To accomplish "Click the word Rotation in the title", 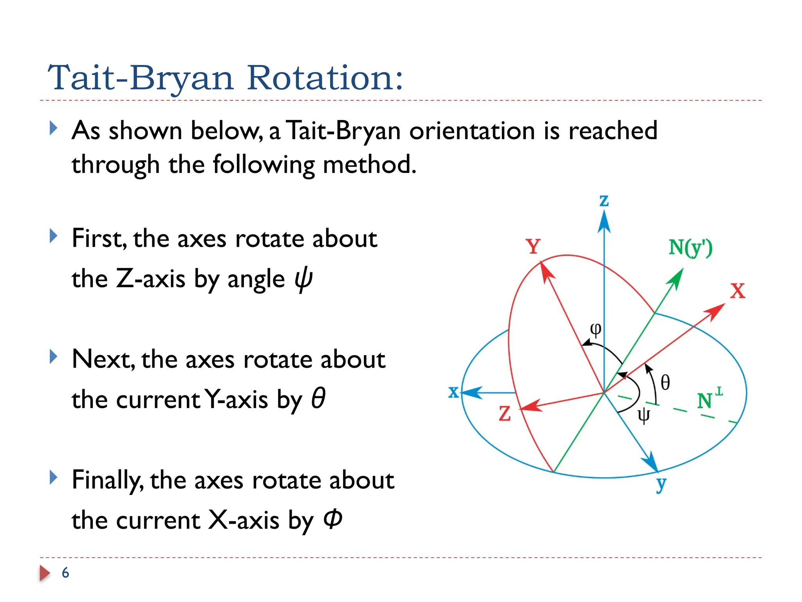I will [324, 78].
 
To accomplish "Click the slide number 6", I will [65, 573].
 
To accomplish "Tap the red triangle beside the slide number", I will [45, 573].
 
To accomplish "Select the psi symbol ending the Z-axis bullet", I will [303, 279].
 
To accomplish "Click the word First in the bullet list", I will [99, 238].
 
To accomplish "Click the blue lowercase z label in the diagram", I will [604, 201].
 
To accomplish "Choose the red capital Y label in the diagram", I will [533, 247].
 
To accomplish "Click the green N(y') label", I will [690, 248].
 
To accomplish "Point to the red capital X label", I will [738, 291].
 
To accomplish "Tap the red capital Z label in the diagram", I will [505, 414].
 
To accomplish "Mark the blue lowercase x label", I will [453, 392].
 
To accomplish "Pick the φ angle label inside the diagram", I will [595, 329].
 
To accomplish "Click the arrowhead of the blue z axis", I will [604, 221].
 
